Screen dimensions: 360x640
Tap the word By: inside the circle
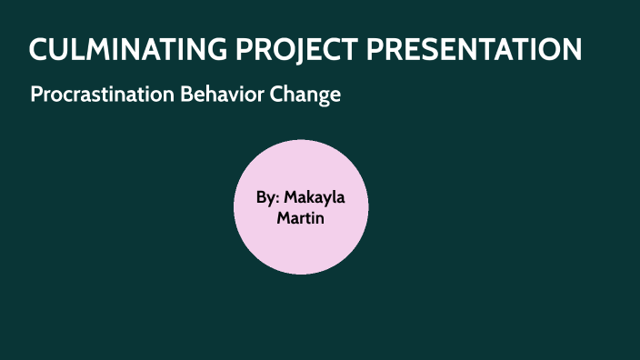pos(267,197)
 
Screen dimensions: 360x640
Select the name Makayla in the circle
pos(315,197)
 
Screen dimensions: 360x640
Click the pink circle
pos(301,245)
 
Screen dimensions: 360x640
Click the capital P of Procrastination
pos(35,95)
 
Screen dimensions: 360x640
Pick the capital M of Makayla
pos(291,197)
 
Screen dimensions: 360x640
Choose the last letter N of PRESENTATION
pos(571,50)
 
